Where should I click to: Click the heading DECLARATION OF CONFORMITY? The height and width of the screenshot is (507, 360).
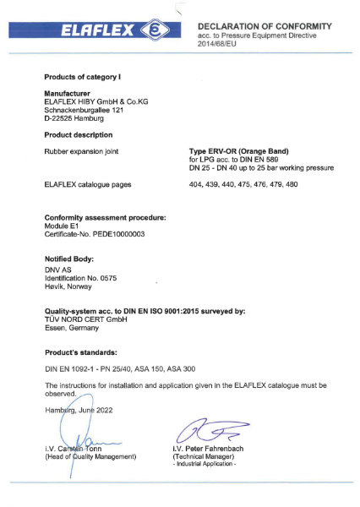click(265, 27)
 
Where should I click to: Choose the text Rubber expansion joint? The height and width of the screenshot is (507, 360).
click(78, 150)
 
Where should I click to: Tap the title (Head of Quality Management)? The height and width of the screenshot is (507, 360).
click(90, 457)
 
